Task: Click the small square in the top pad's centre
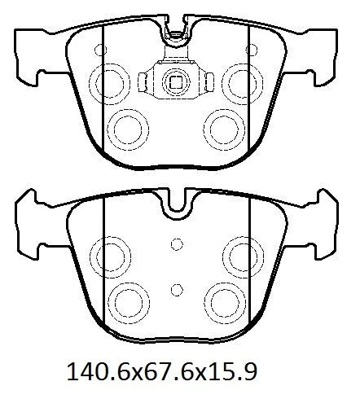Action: [x=176, y=81]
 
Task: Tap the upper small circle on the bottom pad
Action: [x=177, y=244]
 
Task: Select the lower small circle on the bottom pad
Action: [x=177, y=290]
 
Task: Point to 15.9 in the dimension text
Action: [x=231, y=372]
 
